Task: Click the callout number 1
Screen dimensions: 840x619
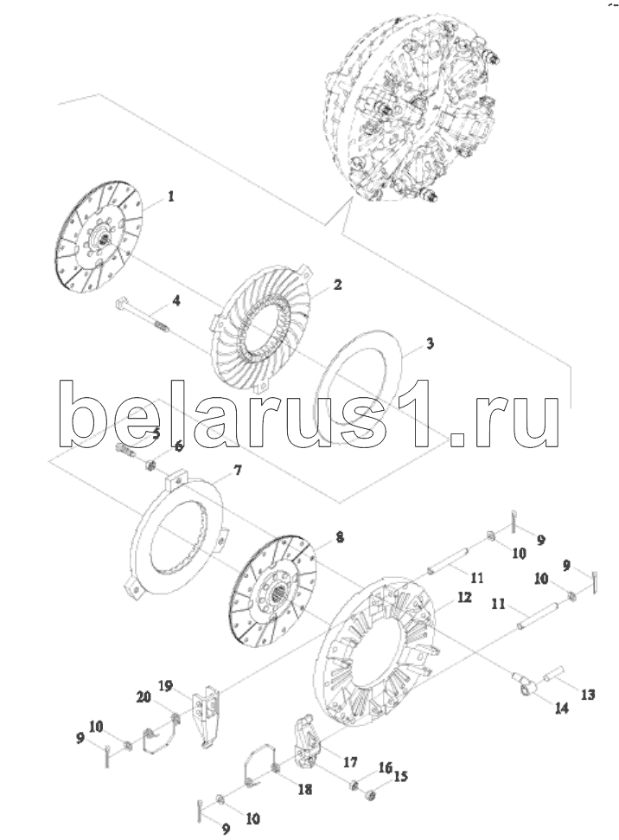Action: [171, 197]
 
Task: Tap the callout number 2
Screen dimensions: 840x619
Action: [338, 285]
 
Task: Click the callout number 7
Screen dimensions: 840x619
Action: [237, 471]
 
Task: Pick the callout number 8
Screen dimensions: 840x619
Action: [340, 537]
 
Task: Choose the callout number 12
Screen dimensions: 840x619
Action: [464, 598]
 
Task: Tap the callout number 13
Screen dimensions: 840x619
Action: [588, 695]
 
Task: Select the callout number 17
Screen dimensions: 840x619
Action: [349, 762]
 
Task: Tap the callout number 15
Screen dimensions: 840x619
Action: [399, 777]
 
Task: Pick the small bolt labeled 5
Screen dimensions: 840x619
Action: [126, 450]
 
